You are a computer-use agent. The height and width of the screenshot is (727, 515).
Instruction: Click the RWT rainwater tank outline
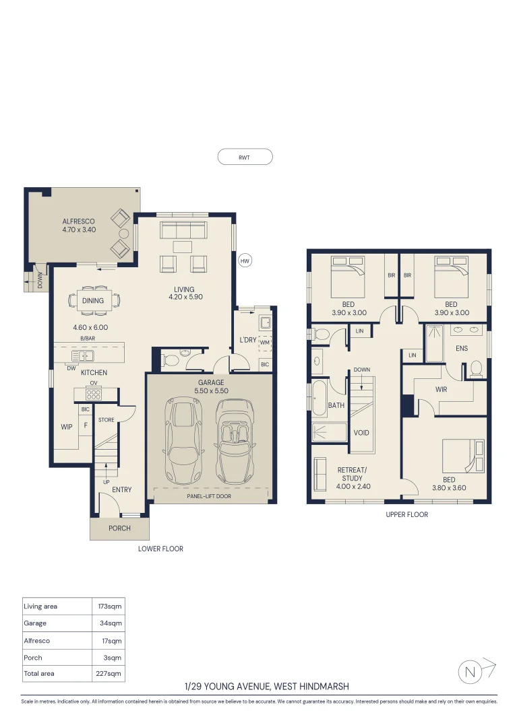(245, 149)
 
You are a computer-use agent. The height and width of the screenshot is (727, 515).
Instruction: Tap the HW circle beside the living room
(245, 261)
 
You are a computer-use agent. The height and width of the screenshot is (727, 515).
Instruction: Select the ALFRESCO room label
(78, 221)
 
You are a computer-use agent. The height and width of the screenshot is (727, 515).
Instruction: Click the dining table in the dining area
(93, 300)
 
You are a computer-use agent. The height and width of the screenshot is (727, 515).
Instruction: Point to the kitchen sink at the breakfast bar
(83, 355)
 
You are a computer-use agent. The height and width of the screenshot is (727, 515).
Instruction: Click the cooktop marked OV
(93, 394)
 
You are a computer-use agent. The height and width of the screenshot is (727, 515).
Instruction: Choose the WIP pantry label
(67, 427)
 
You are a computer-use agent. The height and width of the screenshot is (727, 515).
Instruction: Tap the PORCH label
(119, 528)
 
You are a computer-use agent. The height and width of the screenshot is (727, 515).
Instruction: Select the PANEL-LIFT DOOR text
(209, 496)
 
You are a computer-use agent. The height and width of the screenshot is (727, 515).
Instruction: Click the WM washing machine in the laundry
(265, 343)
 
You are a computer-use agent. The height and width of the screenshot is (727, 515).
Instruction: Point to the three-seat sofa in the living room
(183, 230)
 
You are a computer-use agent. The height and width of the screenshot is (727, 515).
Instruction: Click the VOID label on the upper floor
(361, 433)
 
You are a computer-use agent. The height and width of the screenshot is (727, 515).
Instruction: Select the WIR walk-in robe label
(441, 390)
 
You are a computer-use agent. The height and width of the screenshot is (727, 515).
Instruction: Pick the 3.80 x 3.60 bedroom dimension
(449, 488)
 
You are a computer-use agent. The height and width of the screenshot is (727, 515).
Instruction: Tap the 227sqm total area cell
(109, 673)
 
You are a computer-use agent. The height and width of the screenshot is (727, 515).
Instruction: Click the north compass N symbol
(470, 672)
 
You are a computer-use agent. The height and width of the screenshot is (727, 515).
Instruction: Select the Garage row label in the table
(35, 623)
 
